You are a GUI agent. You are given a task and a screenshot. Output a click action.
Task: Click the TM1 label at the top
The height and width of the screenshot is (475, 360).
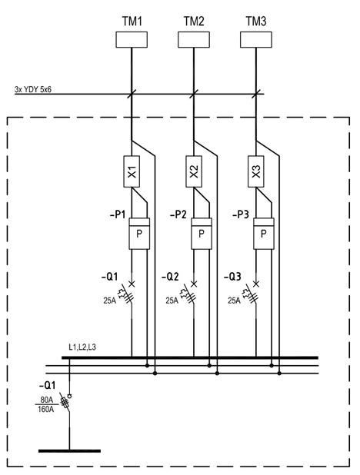click(132, 22)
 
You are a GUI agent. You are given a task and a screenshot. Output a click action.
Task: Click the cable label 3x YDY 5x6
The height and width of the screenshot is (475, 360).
click(33, 89)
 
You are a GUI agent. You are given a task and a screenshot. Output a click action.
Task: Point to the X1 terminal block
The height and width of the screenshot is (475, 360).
click(132, 171)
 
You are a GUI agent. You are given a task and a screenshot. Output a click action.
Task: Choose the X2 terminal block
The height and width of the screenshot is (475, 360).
click(194, 171)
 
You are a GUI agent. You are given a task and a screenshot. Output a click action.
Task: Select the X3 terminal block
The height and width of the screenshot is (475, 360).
click(256, 171)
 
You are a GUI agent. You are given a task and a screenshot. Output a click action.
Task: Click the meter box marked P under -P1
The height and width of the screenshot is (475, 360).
click(139, 234)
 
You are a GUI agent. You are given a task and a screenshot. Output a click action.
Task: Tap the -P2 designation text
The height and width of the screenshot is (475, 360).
click(178, 214)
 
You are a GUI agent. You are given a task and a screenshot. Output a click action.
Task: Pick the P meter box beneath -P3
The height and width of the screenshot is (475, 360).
click(264, 234)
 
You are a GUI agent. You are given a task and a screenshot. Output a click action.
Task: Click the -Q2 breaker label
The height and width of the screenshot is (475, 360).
click(170, 277)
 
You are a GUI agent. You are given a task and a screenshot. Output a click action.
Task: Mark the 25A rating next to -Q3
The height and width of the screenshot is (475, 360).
click(234, 301)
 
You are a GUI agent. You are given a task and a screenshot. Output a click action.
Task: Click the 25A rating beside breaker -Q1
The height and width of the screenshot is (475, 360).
click(109, 301)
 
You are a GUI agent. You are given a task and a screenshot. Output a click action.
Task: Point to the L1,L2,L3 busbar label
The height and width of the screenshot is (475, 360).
click(82, 347)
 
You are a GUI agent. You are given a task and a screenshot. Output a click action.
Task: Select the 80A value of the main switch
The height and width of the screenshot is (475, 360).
click(46, 400)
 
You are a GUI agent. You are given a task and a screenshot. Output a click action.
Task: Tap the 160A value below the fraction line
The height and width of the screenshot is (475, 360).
click(46, 409)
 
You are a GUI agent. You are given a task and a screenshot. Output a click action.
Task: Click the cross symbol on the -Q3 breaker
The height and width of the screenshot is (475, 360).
click(256, 284)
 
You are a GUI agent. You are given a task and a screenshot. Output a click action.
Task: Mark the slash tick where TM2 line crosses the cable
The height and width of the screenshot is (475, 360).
click(194, 94)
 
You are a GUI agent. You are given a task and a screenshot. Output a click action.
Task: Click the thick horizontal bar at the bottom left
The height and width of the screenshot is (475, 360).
click(69, 451)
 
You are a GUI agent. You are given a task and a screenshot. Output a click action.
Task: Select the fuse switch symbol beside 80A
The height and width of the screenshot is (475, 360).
click(66, 402)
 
